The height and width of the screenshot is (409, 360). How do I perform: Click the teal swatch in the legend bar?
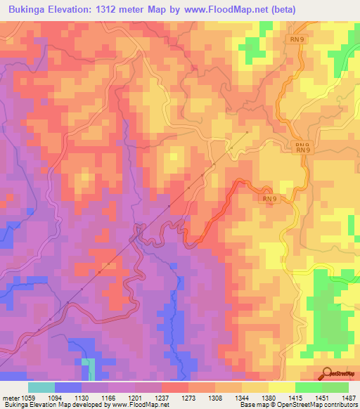41,387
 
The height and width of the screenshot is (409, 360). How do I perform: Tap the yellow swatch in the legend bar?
282,387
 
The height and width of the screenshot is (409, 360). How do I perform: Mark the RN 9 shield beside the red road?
269,199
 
